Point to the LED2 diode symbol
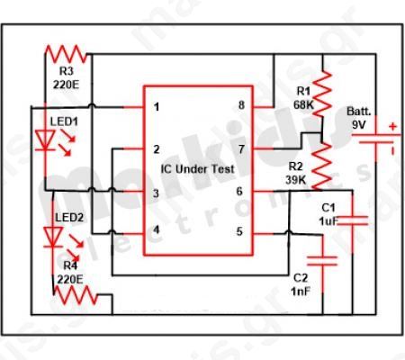coord(53,236)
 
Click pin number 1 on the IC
coord(157,108)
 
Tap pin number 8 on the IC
coord(240,106)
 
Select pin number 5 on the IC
coord(239,232)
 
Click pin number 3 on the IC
coord(157,193)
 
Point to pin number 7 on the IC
coord(240,148)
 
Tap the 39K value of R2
coord(296,180)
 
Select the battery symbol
coord(389,144)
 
